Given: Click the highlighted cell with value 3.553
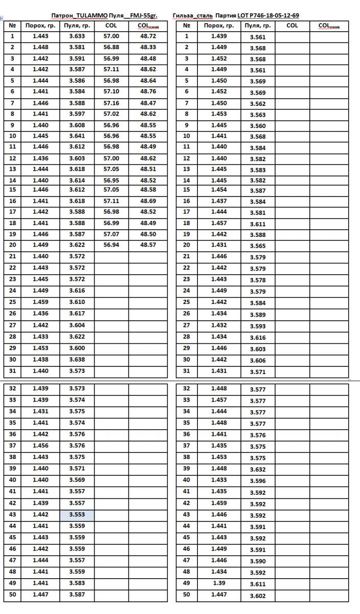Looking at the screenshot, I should pos(77,515).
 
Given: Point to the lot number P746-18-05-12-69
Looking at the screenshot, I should pos(271,16).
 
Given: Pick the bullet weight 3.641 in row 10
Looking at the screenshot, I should pos(77,136).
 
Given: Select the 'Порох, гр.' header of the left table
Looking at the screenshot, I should pos(41,25).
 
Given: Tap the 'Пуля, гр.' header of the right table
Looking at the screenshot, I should pos(258,25).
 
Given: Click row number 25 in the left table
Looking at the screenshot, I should pos(12,302).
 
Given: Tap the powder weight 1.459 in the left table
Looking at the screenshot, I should pos(41,302).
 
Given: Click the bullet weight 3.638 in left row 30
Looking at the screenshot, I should pos(77,360).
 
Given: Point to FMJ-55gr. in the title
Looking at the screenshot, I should pos(144,16).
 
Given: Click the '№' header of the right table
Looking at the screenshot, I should pos(187,25).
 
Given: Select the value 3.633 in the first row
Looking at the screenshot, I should pos(77,36).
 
